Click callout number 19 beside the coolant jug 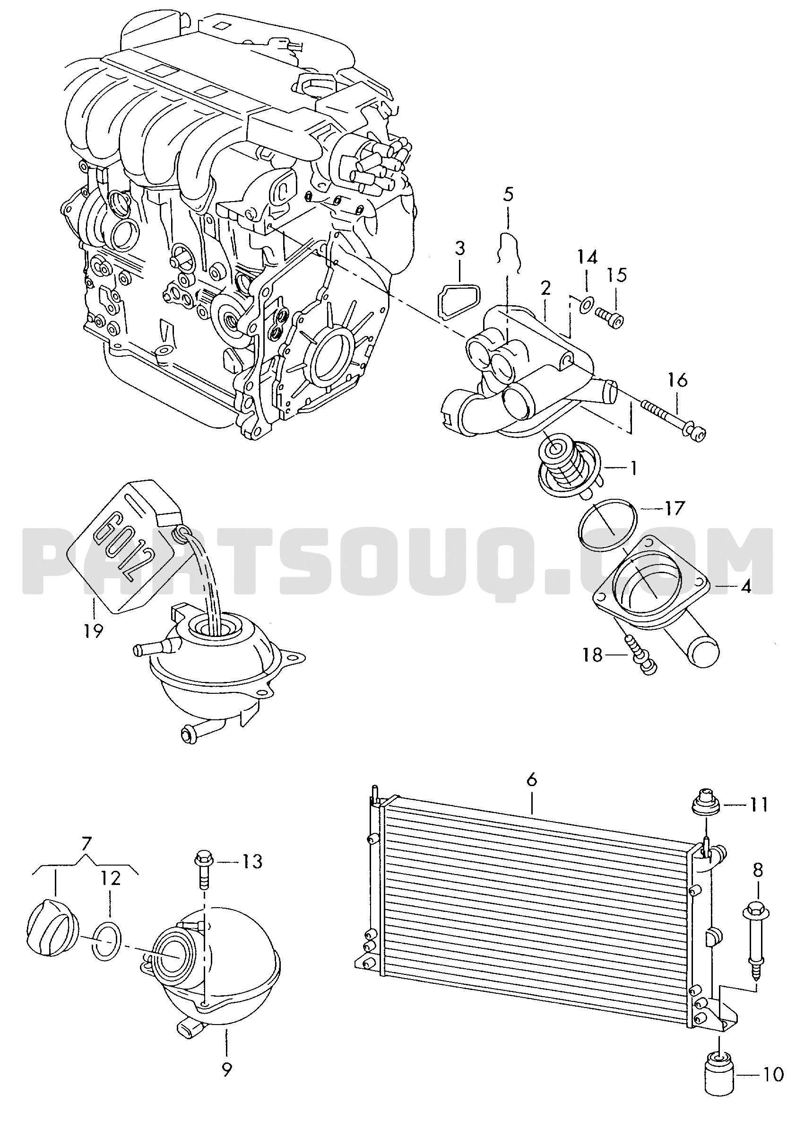click(93, 630)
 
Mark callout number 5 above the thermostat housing click(508, 195)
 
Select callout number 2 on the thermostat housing click(545, 288)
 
